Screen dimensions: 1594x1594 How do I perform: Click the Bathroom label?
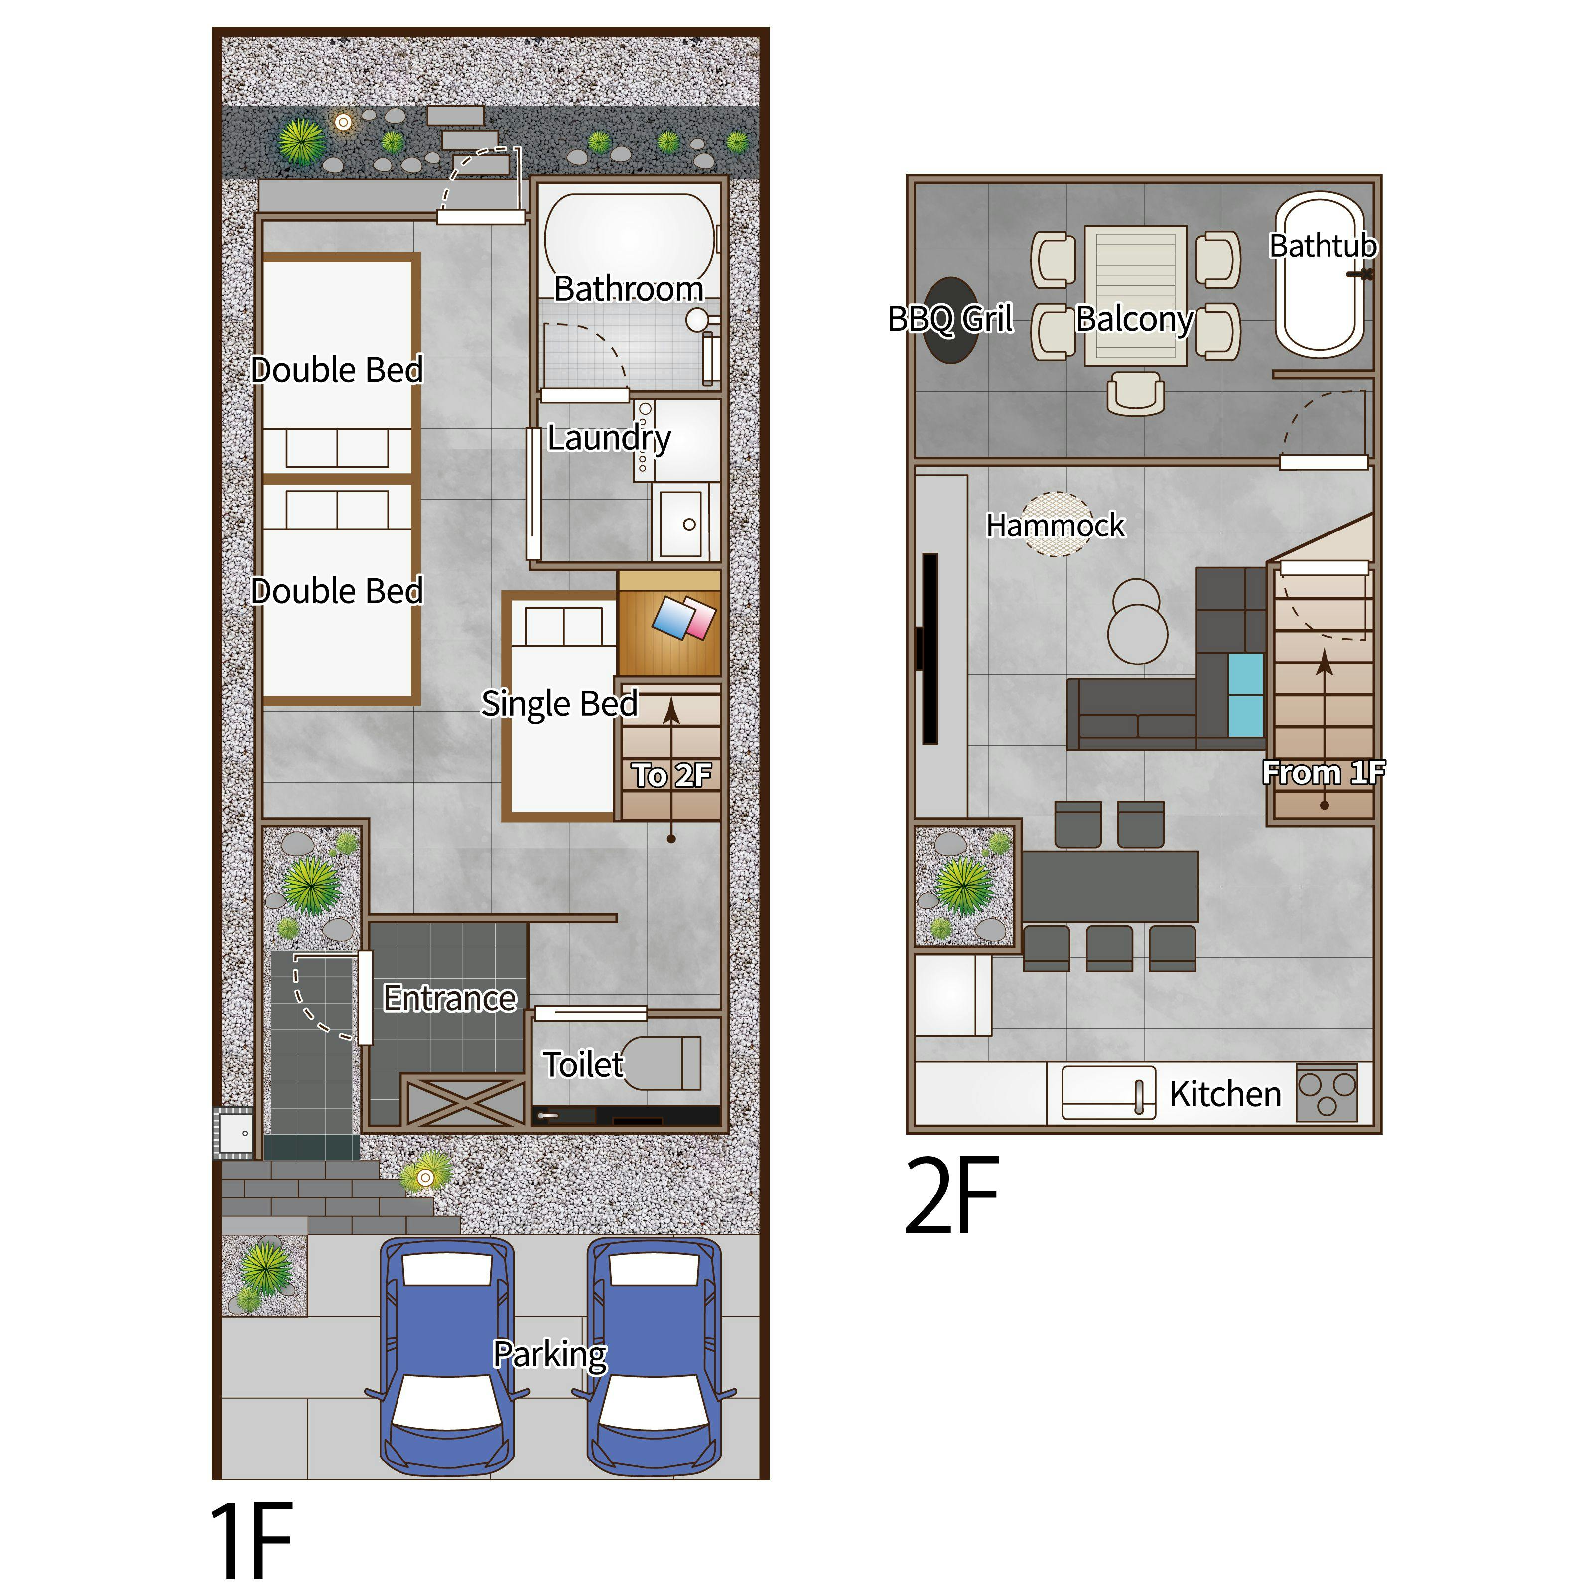click(629, 289)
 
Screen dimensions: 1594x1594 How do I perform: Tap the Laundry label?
click(609, 438)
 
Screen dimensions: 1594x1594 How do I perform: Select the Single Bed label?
click(559, 704)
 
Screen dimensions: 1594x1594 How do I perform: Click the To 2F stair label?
click(671, 775)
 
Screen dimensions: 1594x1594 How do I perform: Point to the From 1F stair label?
click(1324, 772)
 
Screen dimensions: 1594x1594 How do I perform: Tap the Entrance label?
click(450, 998)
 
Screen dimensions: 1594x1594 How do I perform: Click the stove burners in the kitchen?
click(1327, 1094)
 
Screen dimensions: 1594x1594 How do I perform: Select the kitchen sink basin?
click(1108, 1093)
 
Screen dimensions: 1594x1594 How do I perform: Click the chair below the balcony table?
click(1136, 394)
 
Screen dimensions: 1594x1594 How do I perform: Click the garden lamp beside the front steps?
click(425, 1178)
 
